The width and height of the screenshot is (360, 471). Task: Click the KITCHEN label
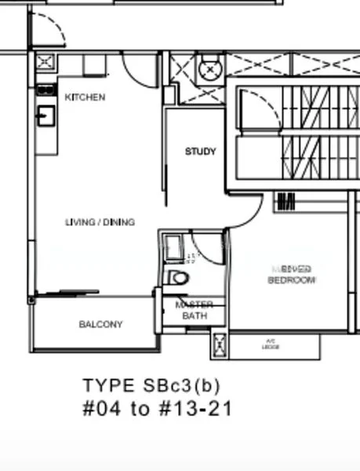pyautogui.click(x=85, y=97)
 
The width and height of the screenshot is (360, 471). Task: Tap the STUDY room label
pyautogui.click(x=200, y=152)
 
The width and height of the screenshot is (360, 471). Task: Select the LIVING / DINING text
pyautogui.click(x=100, y=222)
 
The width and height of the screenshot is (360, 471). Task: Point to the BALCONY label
pyautogui.click(x=100, y=324)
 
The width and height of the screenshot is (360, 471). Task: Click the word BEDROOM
pyautogui.click(x=291, y=280)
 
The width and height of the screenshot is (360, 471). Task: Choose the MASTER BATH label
pyautogui.click(x=195, y=310)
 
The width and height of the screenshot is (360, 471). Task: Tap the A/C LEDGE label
pyautogui.click(x=271, y=343)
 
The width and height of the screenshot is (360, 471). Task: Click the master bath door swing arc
pyautogui.click(x=207, y=250)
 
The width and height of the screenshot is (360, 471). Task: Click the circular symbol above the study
pyautogui.click(x=211, y=70)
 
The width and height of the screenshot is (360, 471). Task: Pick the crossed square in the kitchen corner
pyautogui.click(x=45, y=62)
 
